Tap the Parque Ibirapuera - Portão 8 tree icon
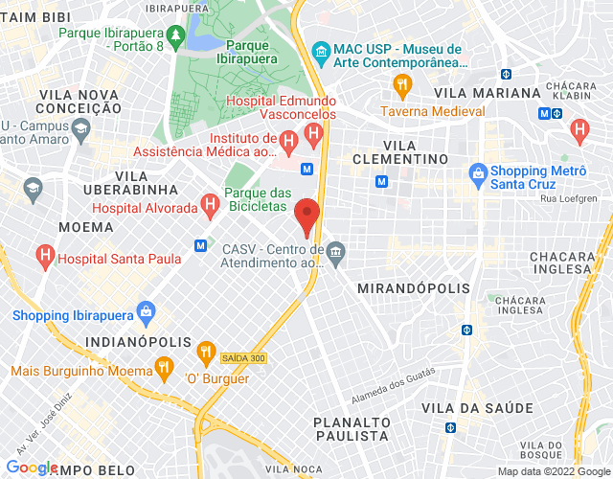tap(175, 37)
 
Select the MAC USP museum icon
tap(321, 50)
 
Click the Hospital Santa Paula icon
tap(43, 255)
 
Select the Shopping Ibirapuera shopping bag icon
tap(146, 310)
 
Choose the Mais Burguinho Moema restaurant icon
tap(165, 366)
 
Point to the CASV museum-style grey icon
tap(334, 253)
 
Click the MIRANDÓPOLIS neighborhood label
tap(413, 288)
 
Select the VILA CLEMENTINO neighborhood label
tap(400, 158)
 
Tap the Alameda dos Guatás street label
tap(395, 378)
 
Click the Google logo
tap(32, 467)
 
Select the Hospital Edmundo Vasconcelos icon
tap(311, 130)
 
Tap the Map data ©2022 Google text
tap(553, 471)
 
